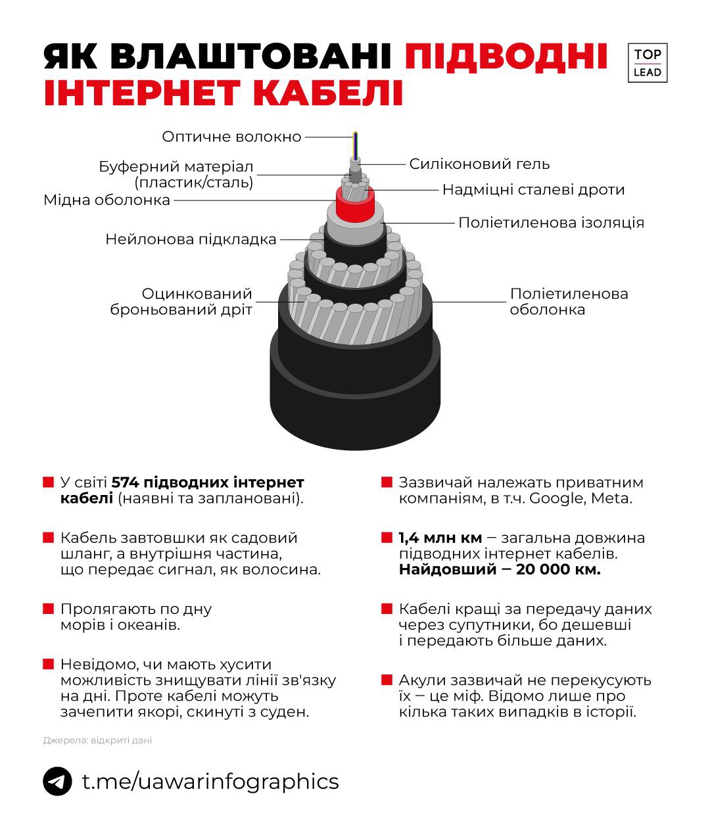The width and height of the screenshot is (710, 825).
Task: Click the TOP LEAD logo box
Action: [x=648, y=63]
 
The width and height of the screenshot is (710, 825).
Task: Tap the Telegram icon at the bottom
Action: [x=57, y=782]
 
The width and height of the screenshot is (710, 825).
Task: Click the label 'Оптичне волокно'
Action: [x=231, y=137]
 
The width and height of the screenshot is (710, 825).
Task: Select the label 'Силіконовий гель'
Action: [x=479, y=164]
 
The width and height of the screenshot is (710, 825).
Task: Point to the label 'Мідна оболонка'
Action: [x=106, y=200]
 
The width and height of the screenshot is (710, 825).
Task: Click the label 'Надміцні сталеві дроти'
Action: [x=533, y=190]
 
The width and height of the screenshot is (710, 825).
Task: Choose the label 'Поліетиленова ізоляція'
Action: [x=551, y=222]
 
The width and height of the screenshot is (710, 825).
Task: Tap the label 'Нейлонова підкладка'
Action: [x=191, y=239]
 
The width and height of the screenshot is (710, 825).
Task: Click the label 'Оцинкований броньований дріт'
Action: [x=181, y=302]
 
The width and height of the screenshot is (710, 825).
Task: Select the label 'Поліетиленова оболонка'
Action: [x=569, y=302]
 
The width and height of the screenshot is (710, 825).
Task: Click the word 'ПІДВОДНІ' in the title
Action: [x=506, y=57]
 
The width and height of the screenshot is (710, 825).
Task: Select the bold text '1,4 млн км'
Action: [x=440, y=538]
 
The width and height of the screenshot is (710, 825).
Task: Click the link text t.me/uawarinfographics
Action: [x=210, y=782]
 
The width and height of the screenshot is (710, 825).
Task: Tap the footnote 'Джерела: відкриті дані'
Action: [x=97, y=740]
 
